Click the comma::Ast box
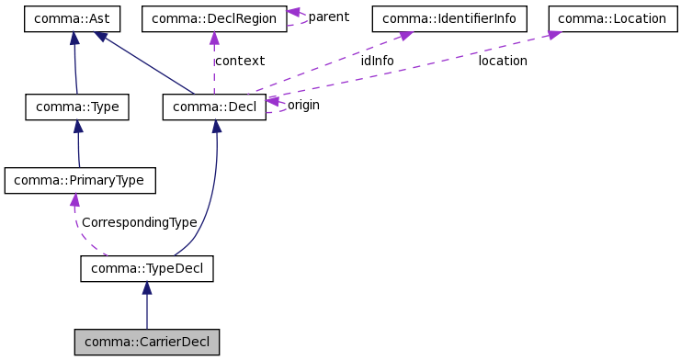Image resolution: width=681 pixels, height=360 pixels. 74,17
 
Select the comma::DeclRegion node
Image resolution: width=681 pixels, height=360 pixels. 213,17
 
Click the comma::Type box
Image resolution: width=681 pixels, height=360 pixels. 77,107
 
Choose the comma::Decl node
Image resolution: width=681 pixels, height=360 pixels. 214,107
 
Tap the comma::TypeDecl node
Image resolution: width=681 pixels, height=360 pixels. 147,268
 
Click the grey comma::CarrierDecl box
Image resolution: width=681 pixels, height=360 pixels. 147,343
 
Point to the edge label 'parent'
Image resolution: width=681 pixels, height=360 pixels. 328,17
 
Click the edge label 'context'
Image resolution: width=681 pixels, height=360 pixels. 239,61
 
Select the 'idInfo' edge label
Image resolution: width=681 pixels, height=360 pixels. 377,61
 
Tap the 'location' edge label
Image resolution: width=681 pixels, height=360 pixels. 503,61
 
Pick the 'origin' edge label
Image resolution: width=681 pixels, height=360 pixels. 303,105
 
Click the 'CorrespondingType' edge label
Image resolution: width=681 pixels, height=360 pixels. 139,222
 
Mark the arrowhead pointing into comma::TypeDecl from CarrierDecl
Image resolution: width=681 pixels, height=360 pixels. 147,288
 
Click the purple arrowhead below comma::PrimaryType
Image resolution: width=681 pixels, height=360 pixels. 74,200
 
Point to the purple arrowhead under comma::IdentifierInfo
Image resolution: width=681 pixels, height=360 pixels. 405,36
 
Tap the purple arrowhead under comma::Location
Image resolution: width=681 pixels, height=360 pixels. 554,35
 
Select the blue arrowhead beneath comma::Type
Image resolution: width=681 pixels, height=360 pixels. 78,127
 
